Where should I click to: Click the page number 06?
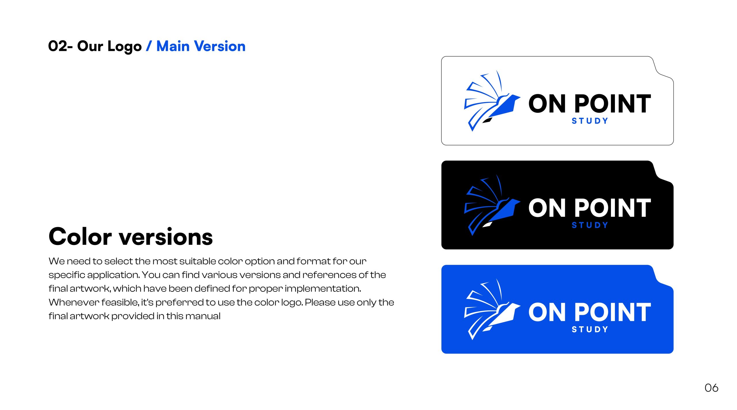click(x=711, y=388)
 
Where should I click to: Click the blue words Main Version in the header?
click(x=201, y=46)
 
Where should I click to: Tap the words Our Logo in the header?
click(x=109, y=47)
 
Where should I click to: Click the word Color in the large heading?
click(x=80, y=237)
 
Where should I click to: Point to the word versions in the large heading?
click(x=166, y=237)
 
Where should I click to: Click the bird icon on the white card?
click(x=492, y=101)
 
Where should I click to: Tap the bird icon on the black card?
click(x=492, y=205)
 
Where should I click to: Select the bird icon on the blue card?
click(x=492, y=309)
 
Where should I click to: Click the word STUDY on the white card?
click(x=590, y=121)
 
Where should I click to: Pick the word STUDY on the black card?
click(x=590, y=225)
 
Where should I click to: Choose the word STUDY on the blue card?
click(x=590, y=329)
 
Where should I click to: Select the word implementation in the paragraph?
click(x=323, y=289)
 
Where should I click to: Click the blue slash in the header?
click(x=149, y=46)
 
